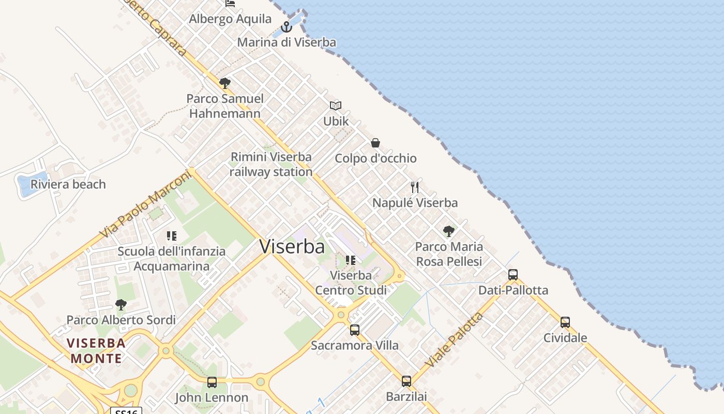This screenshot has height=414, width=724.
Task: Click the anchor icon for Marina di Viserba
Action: click(x=286, y=27)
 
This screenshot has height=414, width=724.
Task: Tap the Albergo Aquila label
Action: click(x=230, y=19)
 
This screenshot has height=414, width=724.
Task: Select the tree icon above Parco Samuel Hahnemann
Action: click(x=224, y=83)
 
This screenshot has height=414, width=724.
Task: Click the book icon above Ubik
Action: click(x=336, y=106)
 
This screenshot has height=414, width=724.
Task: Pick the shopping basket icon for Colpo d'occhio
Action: click(x=375, y=143)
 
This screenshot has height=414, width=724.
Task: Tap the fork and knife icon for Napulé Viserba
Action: click(x=415, y=187)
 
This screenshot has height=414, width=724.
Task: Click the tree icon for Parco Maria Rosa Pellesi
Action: click(x=449, y=231)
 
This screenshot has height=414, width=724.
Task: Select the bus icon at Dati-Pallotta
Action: click(x=513, y=275)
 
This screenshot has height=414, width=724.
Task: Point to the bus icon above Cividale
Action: click(x=565, y=322)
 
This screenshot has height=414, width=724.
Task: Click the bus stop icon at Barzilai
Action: click(x=406, y=381)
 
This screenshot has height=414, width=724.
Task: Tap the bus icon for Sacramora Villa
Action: click(x=355, y=330)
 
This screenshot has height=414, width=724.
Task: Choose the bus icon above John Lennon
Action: click(x=212, y=382)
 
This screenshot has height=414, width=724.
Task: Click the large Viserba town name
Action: click(x=292, y=246)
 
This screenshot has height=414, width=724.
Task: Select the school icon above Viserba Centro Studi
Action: click(x=351, y=260)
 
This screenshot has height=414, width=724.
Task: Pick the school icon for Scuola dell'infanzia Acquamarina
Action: click(x=172, y=236)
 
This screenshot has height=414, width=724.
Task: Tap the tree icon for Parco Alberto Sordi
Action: click(x=121, y=305)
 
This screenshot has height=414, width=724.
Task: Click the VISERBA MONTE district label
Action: click(x=97, y=350)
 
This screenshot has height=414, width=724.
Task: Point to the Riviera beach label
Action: click(x=68, y=184)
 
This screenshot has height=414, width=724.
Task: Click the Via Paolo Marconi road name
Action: click(x=145, y=205)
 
